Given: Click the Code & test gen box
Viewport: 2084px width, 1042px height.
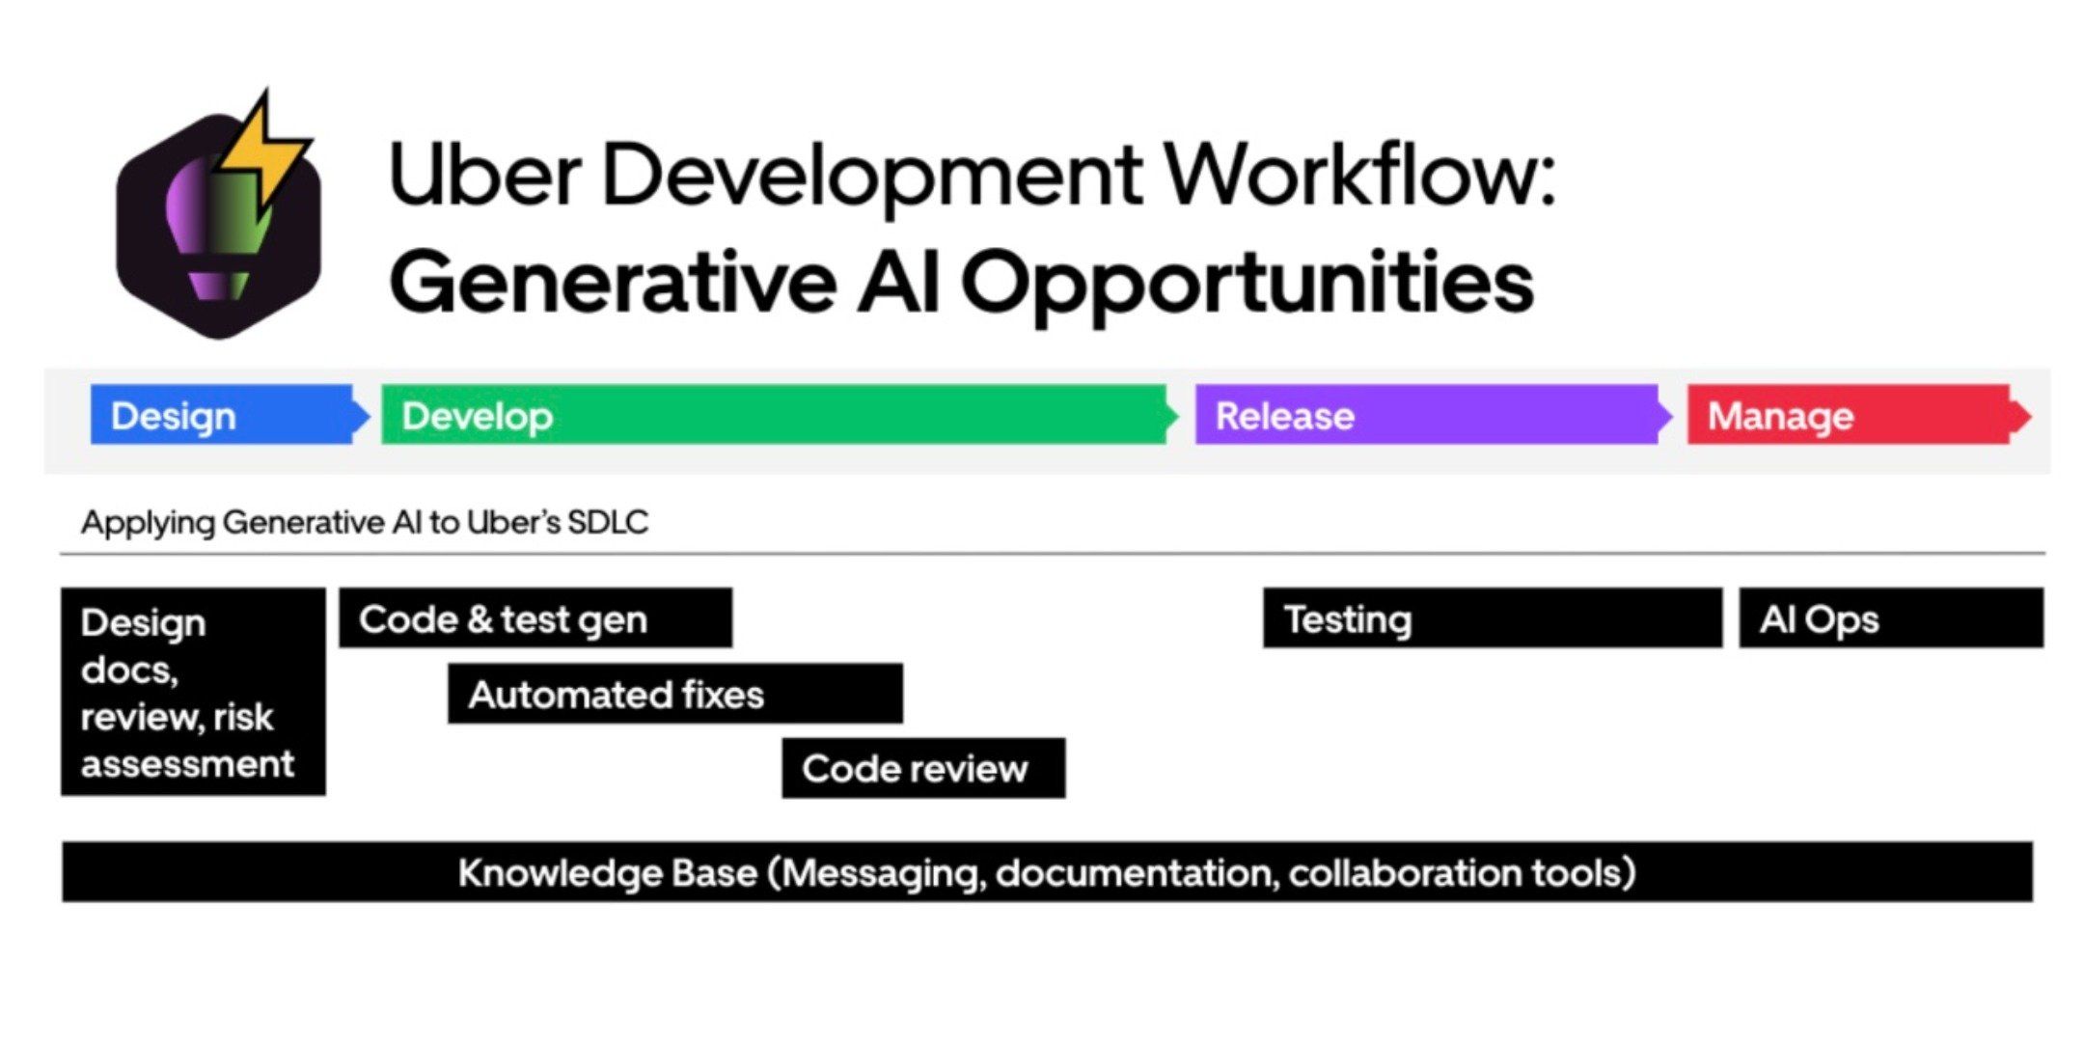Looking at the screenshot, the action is [535, 617].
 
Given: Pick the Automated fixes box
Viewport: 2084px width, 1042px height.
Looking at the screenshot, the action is [675, 693].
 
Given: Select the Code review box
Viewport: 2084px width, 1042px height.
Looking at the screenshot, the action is [923, 768].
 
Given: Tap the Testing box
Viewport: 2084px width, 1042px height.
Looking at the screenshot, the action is [1493, 617].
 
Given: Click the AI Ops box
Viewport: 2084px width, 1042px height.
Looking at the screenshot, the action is [1891, 617].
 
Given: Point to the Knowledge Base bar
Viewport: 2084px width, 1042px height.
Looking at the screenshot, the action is [1047, 872].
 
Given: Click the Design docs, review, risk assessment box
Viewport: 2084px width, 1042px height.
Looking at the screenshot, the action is [193, 692].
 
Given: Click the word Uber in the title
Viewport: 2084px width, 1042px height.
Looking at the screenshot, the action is [484, 175].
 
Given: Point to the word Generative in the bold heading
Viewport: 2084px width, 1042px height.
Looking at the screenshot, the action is [613, 281].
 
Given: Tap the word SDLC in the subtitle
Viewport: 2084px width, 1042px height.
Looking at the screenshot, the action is [608, 522].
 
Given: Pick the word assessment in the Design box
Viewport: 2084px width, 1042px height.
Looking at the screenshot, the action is [187, 764].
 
